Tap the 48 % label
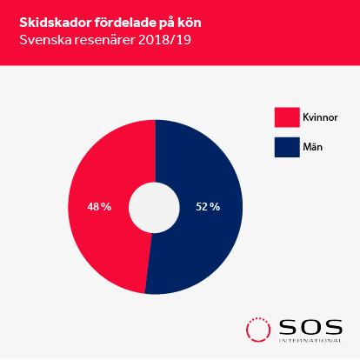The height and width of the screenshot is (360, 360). [99, 207]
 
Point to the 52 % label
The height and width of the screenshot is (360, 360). [208, 207]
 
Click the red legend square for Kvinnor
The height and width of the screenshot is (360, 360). [287, 117]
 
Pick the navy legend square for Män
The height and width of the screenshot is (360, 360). [287, 147]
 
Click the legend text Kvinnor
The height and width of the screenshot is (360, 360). [320, 117]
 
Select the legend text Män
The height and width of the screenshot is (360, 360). [312, 147]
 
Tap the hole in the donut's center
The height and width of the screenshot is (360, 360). [154, 208]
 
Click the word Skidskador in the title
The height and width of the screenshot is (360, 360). [55, 23]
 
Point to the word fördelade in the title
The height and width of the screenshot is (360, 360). [125, 23]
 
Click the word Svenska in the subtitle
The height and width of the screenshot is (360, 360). [45, 40]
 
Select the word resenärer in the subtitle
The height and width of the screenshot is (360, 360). [105, 40]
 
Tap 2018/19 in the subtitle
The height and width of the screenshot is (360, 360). [164, 40]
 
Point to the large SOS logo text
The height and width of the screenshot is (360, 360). [310, 327]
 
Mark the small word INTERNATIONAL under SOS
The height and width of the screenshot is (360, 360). [310, 340]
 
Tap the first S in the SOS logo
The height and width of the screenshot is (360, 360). [289, 327]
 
